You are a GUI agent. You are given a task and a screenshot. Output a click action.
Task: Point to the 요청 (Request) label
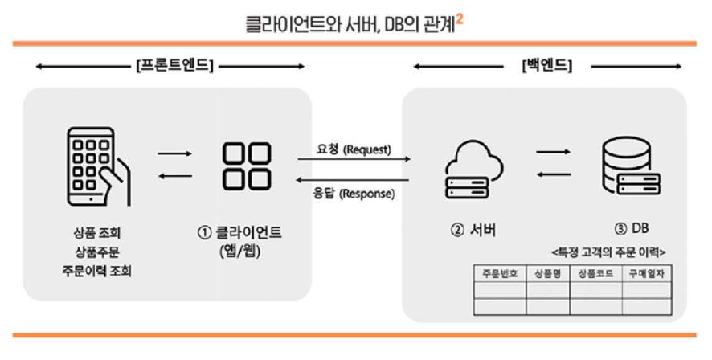coord(354,149)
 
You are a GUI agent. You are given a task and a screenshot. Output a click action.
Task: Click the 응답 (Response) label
coord(354,193)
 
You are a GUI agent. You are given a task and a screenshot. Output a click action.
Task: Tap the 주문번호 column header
coord(499,273)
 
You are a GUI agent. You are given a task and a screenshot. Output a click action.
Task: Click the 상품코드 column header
coord(596,273)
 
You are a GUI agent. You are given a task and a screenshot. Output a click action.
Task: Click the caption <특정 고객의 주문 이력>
coord(608,252)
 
